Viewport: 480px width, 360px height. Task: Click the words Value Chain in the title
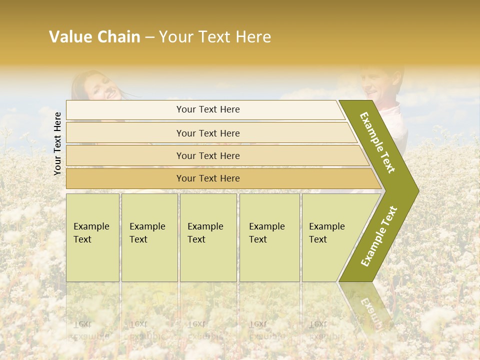click(x=94, y=37)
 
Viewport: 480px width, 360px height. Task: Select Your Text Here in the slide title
click(x=215, y=37)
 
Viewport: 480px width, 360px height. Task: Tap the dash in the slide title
click(x=149, y=37)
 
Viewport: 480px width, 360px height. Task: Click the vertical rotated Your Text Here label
click(x=57, y=143)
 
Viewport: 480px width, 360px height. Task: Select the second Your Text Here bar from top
click(x=207, y=133)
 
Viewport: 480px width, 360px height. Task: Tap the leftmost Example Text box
click(x=92, y=237)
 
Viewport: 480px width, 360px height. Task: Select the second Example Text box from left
click(x=149, y=237)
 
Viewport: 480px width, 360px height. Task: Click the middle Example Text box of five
click(x=208, y=237)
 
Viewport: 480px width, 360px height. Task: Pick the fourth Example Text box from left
click(x=269, y=237)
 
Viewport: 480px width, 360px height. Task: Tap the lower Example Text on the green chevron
click(x=379, y=236)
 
